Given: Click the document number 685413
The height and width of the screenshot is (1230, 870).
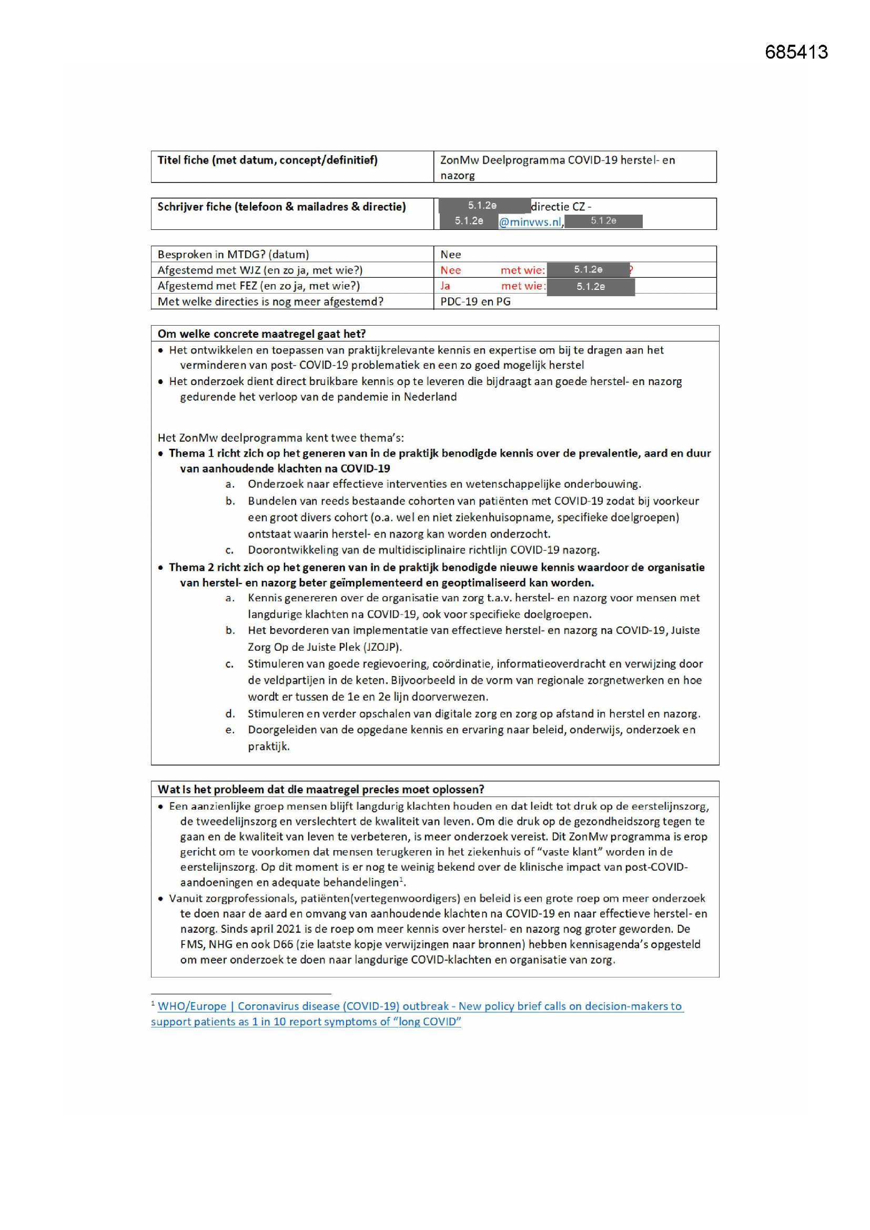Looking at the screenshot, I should point(796,52).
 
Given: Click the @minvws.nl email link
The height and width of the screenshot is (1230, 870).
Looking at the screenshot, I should point(530,222).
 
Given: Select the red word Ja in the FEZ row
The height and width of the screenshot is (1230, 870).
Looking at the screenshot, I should point(445,286).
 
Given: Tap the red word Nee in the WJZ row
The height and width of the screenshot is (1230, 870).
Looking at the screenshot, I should point(451,270).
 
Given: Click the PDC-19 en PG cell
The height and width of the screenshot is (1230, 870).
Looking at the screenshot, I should point(475,301).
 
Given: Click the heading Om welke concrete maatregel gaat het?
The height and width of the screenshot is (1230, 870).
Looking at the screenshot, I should point(261,334).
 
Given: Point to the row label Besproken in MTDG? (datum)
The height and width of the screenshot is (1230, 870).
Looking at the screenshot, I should point(233,255).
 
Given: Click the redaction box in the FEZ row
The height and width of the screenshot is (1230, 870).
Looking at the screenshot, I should point(590,287).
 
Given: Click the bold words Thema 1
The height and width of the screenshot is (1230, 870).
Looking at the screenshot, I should point(191,453).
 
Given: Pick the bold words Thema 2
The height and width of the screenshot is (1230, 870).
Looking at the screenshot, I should point(191,567).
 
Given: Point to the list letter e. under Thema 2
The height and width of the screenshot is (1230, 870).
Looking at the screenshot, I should point(230,730).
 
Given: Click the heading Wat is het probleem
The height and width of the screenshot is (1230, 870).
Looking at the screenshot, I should point(320,789).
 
